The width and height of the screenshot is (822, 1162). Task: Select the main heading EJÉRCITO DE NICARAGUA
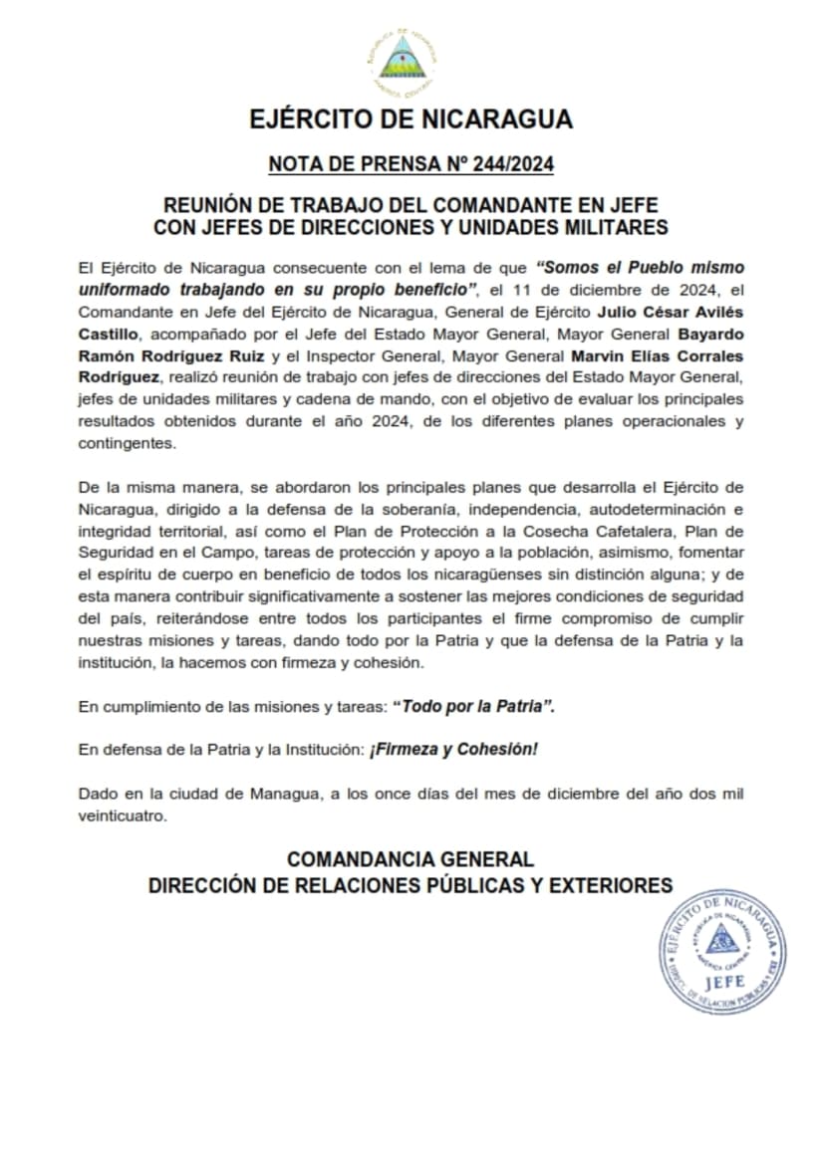pyautogui.click(x=411, y=119)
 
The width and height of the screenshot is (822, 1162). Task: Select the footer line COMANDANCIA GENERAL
pyautogui.click(x=411, y=859)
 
